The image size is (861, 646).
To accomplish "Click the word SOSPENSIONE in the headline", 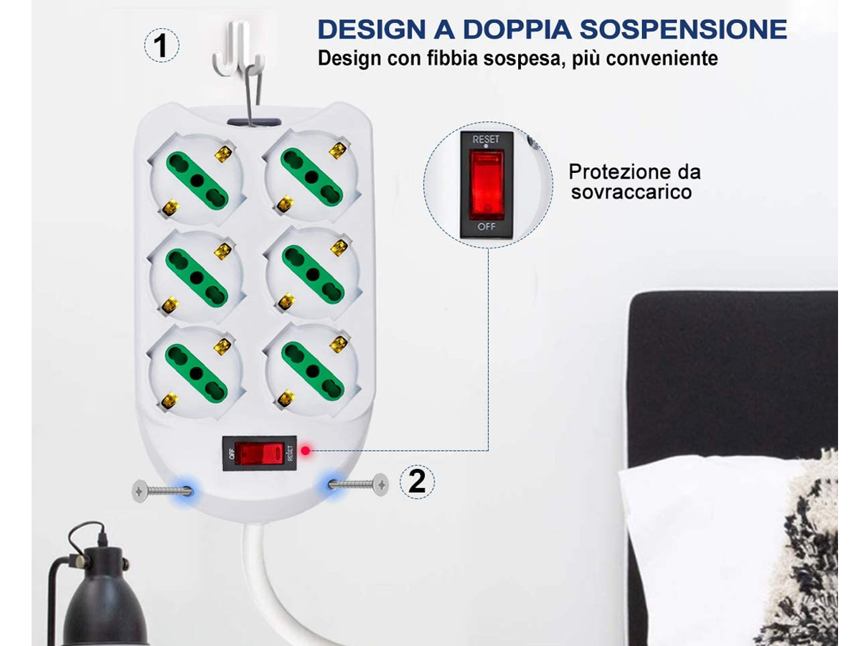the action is click(683, 29).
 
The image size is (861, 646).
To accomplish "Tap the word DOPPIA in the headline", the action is click(517, 29).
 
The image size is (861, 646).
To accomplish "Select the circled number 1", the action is click(161, 45).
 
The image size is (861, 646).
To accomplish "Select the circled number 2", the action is click(417, 481).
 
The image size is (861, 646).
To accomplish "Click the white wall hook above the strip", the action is click(238, 49).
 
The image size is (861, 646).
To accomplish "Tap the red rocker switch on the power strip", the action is click(259, 454).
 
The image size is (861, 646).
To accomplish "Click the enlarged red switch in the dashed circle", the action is click(486, 185).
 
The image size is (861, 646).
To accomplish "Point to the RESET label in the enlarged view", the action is click(486, 139).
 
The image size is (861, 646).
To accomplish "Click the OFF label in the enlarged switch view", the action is click(486, 226).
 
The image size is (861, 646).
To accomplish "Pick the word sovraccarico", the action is click(631, 192).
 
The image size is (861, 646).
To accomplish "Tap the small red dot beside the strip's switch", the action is click(306, 450).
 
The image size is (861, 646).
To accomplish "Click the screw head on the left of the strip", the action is click(140, 491).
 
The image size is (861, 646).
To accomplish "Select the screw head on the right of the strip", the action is click(380, 484).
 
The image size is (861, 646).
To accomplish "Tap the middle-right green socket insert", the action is click(313, 273).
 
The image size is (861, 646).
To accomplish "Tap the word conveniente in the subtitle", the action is click(662, 58).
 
